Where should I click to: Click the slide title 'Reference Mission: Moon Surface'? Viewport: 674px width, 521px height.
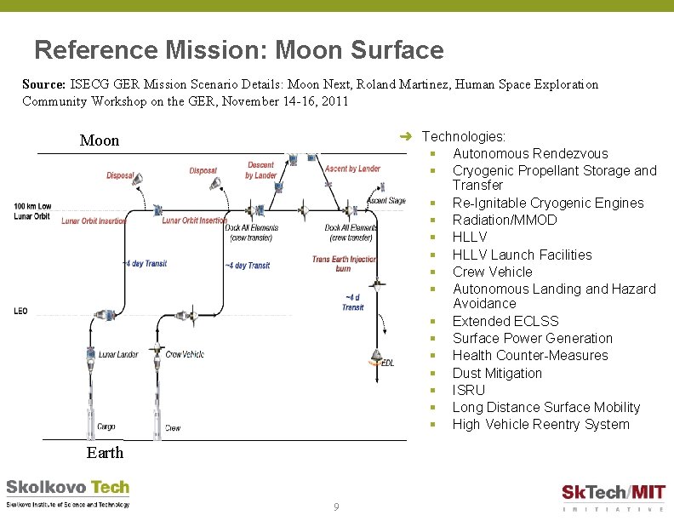(239, 50)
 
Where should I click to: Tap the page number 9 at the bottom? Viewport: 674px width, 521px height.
(336, 507)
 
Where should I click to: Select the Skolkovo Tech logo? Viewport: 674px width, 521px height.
(68, 493)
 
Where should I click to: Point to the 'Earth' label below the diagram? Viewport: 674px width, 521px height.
(105, 452)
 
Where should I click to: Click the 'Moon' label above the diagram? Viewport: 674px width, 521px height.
(100, 140)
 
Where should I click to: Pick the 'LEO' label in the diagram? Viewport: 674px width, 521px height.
(20, 311)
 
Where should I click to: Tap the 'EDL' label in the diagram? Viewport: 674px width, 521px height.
(387, 364)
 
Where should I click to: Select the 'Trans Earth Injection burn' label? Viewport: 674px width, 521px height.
(343, 264)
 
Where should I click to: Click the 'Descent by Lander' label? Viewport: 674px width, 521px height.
(261, 170)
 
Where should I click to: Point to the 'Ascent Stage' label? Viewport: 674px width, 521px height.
(386, 201)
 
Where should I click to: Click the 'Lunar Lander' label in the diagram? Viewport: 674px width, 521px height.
(118, 354)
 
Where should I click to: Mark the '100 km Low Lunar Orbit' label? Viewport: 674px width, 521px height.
(32, 211)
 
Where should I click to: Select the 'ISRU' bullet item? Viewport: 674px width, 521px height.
(468, 390)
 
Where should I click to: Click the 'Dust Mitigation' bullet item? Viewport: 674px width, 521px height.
(497, 373)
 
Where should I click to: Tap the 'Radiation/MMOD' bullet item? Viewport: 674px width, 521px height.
(505, 220)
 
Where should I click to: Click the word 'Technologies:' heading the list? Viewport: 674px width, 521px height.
(463, 136)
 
